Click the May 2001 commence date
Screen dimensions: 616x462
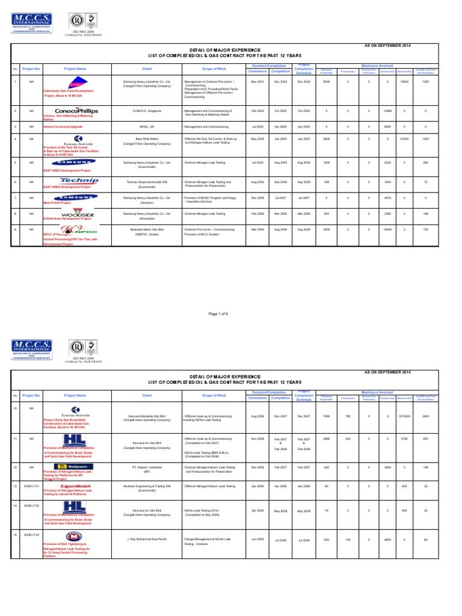(257, 81)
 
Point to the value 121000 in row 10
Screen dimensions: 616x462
(404, 416)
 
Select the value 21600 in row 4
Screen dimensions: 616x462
(404, 139)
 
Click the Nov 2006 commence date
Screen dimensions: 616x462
(257, 439)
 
